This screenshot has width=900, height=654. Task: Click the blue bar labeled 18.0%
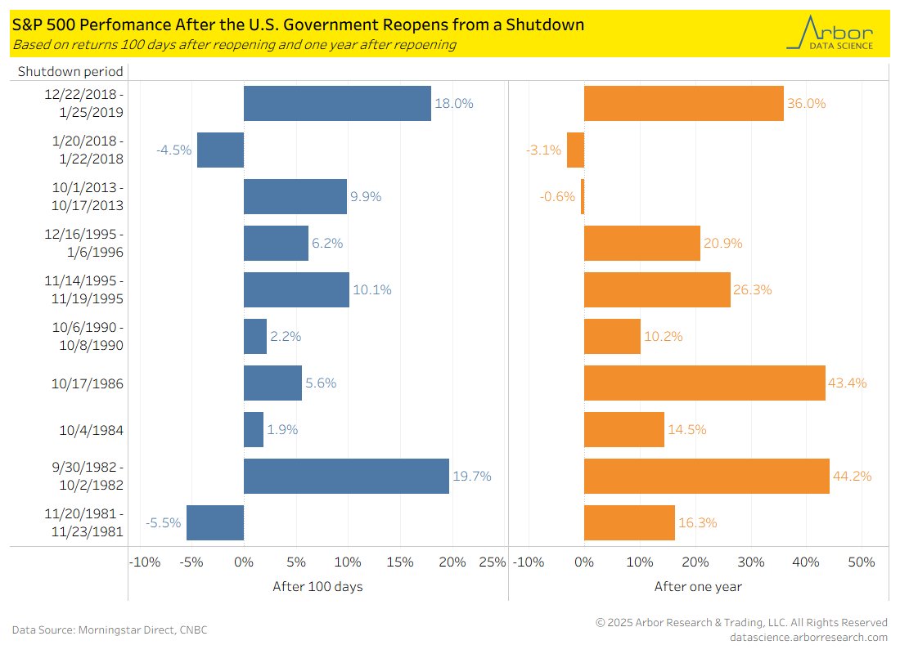(x=337, y=104)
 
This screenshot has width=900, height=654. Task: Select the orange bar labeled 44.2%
(x=706, y=476)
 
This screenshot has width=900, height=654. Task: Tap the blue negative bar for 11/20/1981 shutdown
(x=215, y=522)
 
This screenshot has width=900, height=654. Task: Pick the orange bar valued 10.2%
(x=612, y=336)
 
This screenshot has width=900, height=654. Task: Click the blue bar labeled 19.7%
(x=346, y=476)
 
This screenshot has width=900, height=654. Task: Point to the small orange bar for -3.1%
(x=575, y=150)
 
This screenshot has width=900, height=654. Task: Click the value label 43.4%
(x=848, y=383)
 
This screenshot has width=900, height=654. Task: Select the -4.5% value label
(x=174, y=150)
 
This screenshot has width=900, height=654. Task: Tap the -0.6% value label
(x=557, y=197)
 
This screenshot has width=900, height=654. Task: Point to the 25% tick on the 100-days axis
(x=492, y=562)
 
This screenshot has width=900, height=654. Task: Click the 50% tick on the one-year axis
(x=862, y=562)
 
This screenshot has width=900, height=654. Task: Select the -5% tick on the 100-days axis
(x=192, y=562)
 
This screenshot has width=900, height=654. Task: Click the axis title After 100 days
(x=317, y=587)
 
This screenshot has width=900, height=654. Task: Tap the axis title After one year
(x=698, y=587)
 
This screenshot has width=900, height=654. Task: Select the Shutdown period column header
(x=70, y=72)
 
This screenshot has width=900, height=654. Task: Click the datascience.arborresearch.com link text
(x=808, y=638)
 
